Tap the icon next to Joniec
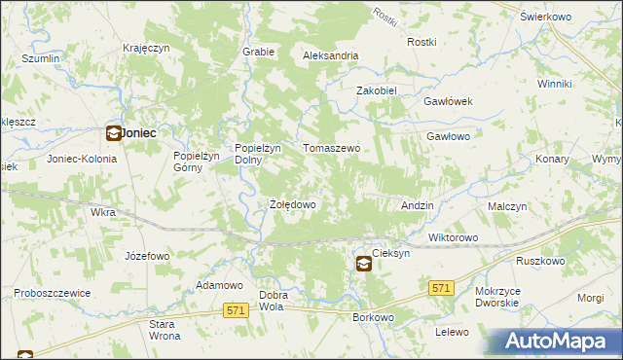[x=113, y=134]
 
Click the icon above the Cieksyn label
[x=363, y=263]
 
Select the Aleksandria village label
[x=331, y=56]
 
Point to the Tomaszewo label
[x=332, y=148]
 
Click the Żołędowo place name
[x=292, y=205]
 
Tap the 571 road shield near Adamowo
[x=235, y=309]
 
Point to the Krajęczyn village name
[x=147, y=48]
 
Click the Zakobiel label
[x=377, y=90]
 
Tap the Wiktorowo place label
[x=453, y=237]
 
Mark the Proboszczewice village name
[x=52, y=293]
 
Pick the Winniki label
[x=554, y=84]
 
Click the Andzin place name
[x=418, y=206]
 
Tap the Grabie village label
[x=257, y=52]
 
